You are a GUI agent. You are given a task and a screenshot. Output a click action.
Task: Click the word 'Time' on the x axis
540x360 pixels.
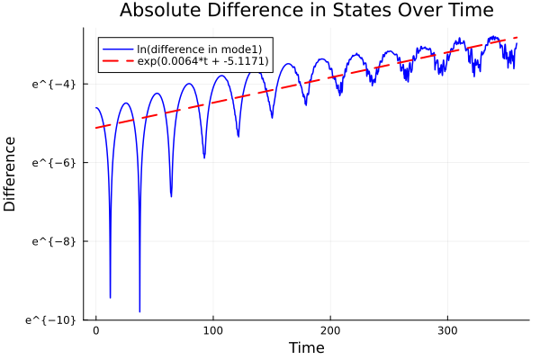click(306, 347)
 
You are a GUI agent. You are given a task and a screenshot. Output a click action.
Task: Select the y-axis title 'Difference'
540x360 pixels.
click(11, 174)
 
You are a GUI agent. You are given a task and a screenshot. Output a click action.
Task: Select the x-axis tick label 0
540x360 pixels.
click(96, 330)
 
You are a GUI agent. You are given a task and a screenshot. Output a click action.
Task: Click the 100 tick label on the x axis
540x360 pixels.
click(213, 330)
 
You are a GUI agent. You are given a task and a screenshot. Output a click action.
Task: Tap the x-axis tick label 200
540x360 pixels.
click(330, 330)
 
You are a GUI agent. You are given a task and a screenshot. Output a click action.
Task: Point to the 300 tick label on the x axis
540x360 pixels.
click(447, 330)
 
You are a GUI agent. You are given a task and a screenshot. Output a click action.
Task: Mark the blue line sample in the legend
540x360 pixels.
click(116, 49)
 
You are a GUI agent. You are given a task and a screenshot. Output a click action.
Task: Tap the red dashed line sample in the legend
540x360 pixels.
click(116, 61)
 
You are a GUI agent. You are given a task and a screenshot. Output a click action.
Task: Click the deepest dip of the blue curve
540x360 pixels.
click(139, 311)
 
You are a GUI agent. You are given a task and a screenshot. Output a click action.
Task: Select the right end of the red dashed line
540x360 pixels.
click(517, 38)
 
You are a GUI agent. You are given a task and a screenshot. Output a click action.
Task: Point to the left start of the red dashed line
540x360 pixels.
click(96, 128)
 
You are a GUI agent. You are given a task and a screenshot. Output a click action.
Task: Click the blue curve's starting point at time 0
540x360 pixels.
click(96, 108)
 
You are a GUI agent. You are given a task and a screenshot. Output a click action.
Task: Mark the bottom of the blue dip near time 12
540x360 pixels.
click(110, 297)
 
